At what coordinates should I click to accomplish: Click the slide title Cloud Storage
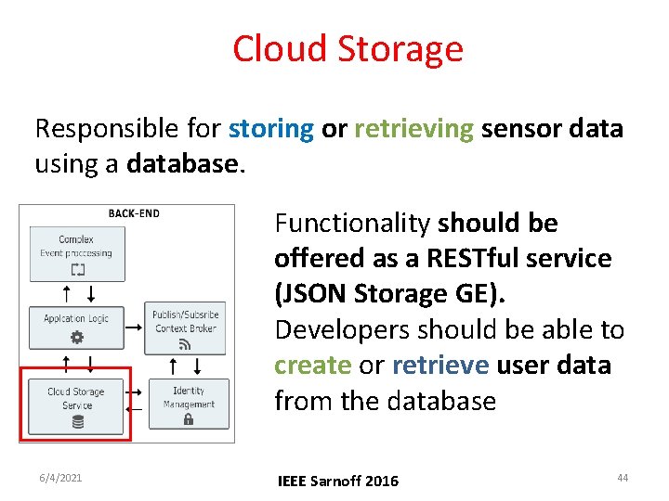pos(348,48)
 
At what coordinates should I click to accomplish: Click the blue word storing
pos(270,128)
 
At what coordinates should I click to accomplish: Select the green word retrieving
pos(413,128)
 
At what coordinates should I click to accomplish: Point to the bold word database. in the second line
pos(183,164)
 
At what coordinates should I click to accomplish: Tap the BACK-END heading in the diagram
pos(134,213)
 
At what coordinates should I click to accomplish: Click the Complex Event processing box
pos(76,252)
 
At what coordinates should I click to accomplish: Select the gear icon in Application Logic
pos(76,337)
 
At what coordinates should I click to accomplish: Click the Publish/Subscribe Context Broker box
pos(185,327)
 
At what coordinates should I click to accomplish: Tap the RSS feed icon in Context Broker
pos(185,344)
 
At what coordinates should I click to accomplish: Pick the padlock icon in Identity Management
pos(189,418)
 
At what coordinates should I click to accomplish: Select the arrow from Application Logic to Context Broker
pos(134,328)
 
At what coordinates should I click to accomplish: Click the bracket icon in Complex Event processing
pos(76,269)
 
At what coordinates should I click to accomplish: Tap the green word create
pos(312,366)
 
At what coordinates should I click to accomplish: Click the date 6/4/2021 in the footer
pos(59,478)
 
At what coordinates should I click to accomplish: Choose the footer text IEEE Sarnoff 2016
pos(338,480)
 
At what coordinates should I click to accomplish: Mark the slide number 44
pos(623,478)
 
